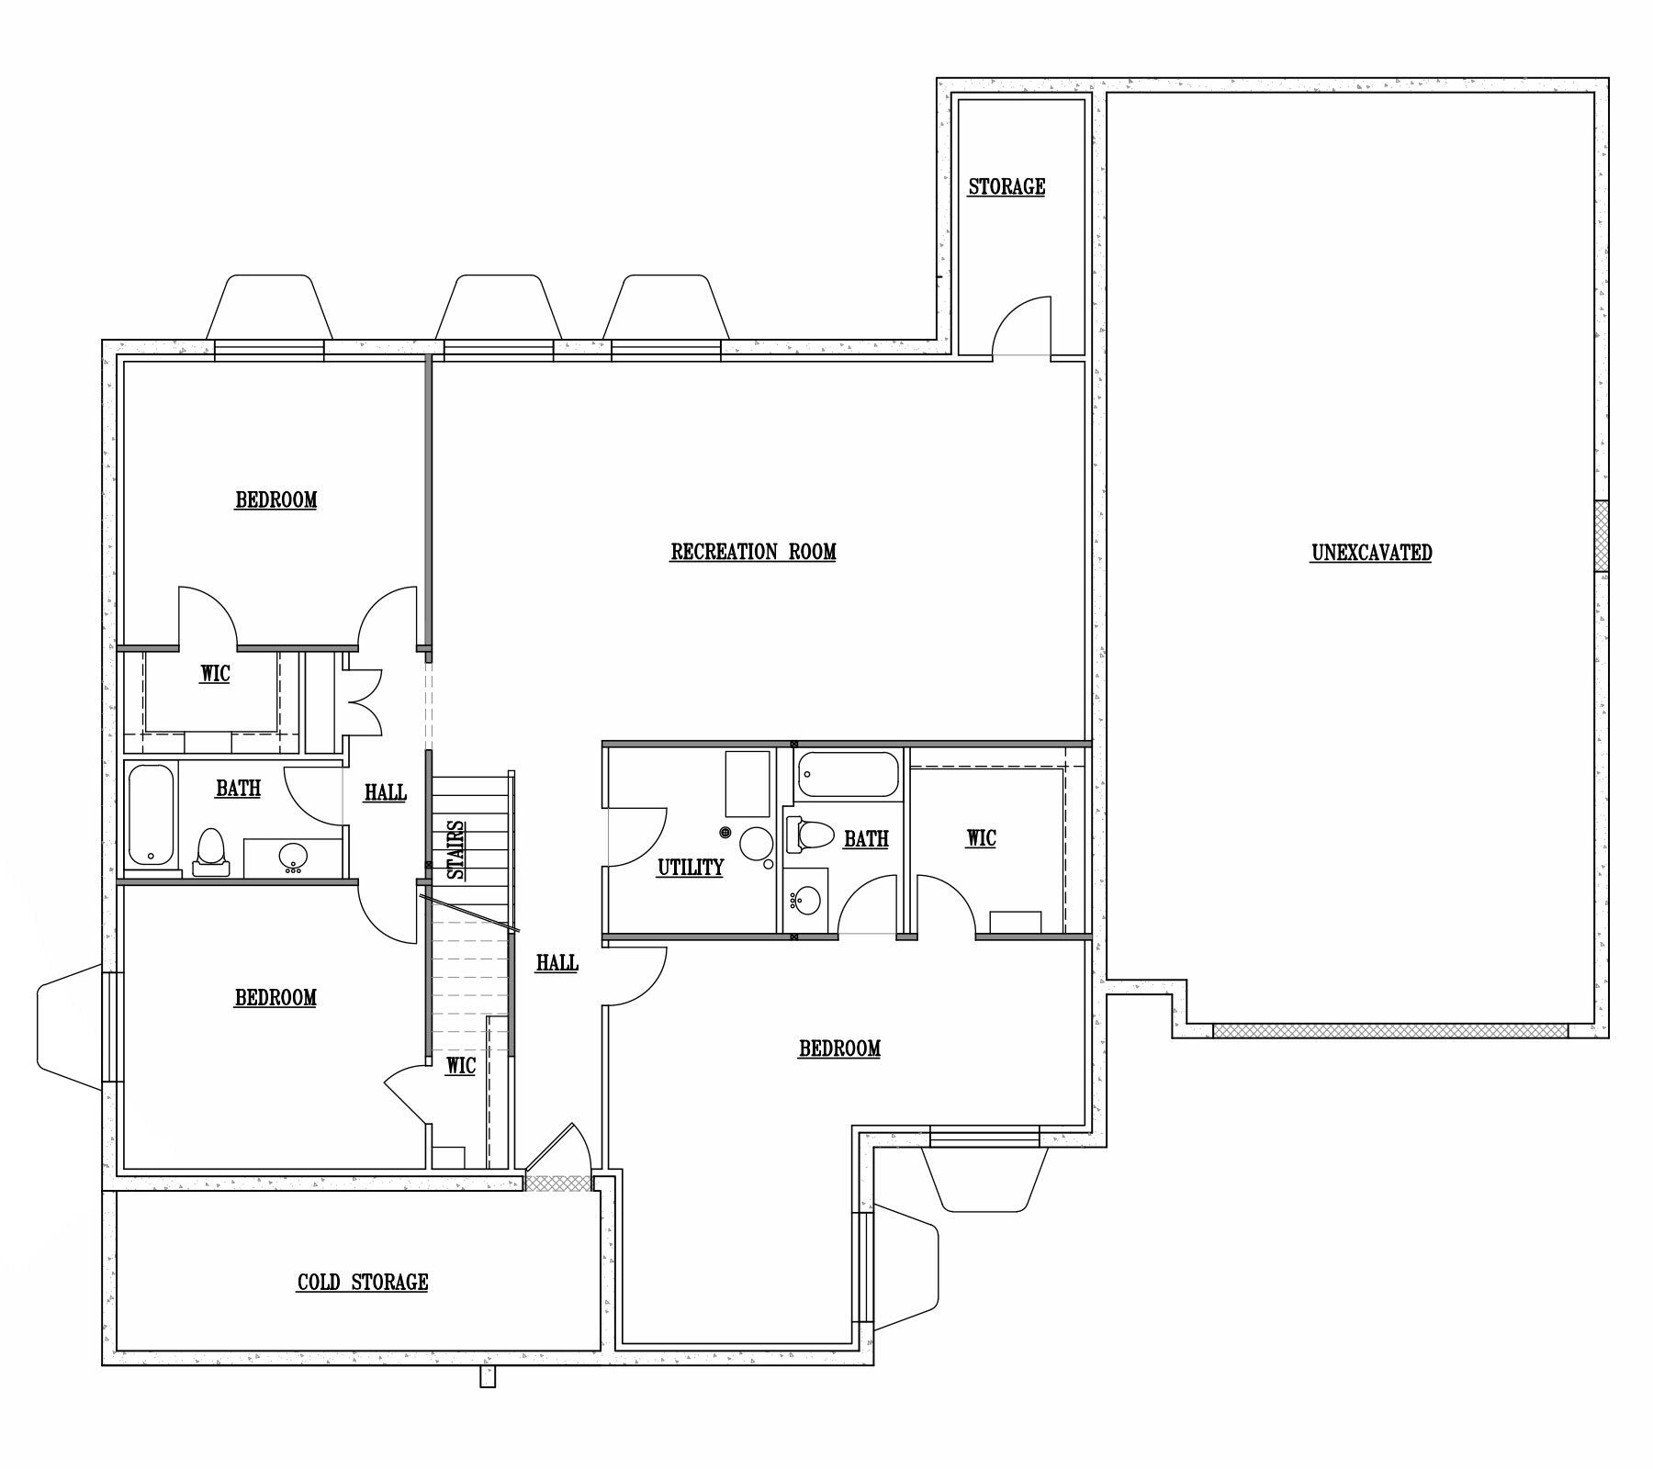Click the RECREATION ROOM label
pos(753,552)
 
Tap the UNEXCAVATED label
pos(1371,553)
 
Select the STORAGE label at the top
pos(1006,187)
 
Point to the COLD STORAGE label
pos(363,1283)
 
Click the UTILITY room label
pos(691,868)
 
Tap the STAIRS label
pos(456,850)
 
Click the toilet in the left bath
pos(211,852)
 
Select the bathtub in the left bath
pos(151,815)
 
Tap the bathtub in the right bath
pos(847,775)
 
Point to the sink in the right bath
pos(805,900)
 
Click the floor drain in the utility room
pos(725,833)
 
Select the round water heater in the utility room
pos(757,842)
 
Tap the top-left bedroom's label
pos(276,500)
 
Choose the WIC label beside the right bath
pos(981,838)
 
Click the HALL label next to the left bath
pos(385,792)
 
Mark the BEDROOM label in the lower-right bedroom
pos(839,1048)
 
